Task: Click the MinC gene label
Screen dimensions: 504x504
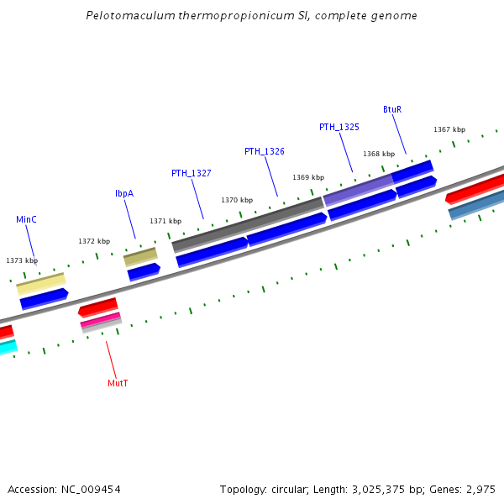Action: click(x=26, y=219)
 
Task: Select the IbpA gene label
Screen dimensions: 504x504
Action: click(x=124, y=193)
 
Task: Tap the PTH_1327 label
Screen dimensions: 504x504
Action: click(x=191, y=173)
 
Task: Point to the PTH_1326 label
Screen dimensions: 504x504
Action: click(x=264, y=151)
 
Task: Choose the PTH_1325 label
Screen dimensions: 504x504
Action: click(x=339, y=127)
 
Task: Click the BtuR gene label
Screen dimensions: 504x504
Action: click(x=392, y=110)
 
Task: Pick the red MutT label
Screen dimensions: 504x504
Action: click(x=118, y=383)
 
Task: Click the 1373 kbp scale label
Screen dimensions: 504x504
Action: click(x=22, y=261)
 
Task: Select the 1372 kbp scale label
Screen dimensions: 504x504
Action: click(x=94, y=241)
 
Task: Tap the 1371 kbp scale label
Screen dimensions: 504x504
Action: click(x=165, y=221)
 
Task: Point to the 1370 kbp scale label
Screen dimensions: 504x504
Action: click(x=237, y=200)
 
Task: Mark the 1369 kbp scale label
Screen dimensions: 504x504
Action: click(x=308, y=177)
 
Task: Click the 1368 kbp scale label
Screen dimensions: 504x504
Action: click(x=379, y=154)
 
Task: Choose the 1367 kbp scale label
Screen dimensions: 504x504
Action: click(x=449, y=129)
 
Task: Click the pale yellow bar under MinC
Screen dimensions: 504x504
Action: click(x=40, y=284)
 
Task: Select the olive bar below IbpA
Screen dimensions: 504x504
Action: click(x=140, y=256)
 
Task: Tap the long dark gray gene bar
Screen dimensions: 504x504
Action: click(x=248, y=223)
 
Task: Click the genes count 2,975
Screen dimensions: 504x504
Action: click(x=479, y=489)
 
